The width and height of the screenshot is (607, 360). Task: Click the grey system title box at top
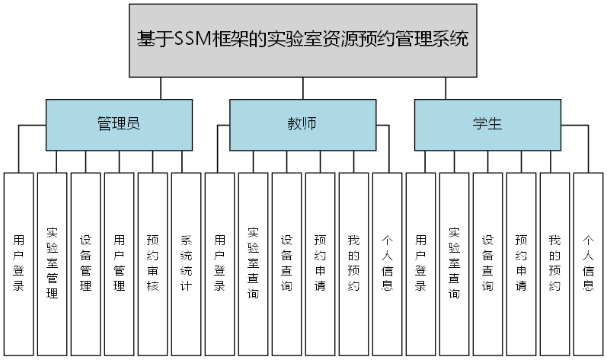(x=302, y=40)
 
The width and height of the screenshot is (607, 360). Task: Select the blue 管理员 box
(x=118, y=124)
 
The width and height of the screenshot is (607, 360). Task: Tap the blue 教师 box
(x=302, y=124)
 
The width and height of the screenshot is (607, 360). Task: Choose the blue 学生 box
(x=487, y=124)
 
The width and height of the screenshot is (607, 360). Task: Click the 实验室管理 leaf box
(x=52, y=263)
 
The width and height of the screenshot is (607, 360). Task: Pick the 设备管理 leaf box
(x=85, y=263)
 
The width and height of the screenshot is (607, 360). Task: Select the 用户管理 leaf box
(x=119, y=263)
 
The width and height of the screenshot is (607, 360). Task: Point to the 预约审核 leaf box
(x=152, y=263)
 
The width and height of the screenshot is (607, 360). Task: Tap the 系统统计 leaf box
(x=186, y=263)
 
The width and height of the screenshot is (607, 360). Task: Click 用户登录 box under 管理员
(x=18, y=263)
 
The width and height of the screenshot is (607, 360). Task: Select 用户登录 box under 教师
(x=219, y=263)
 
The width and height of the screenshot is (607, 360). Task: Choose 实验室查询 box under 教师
(x=253, y=263)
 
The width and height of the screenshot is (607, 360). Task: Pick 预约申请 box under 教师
(x=320, y=263)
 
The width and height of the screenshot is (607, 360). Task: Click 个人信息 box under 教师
(x=387, y=263)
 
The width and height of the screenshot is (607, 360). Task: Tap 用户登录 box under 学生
(x=420, y=263)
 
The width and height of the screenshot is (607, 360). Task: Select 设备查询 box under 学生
(x=487, y=263)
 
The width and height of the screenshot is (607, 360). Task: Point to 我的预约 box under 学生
(x=554, y=263)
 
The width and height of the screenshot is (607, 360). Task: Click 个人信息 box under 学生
(x=588, y=263)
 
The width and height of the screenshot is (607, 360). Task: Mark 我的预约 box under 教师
(x=353, y=263)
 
